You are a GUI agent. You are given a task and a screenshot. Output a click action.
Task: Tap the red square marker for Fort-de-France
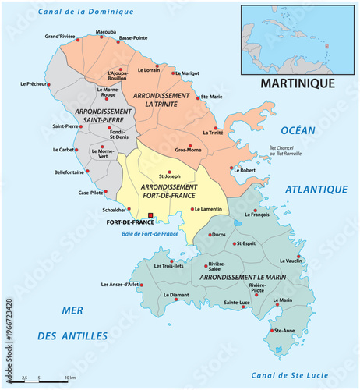click(150, 215)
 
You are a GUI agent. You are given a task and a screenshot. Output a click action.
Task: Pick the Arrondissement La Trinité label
click(162, 99)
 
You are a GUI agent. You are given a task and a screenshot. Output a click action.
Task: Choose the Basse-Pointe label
click(133, 37)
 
